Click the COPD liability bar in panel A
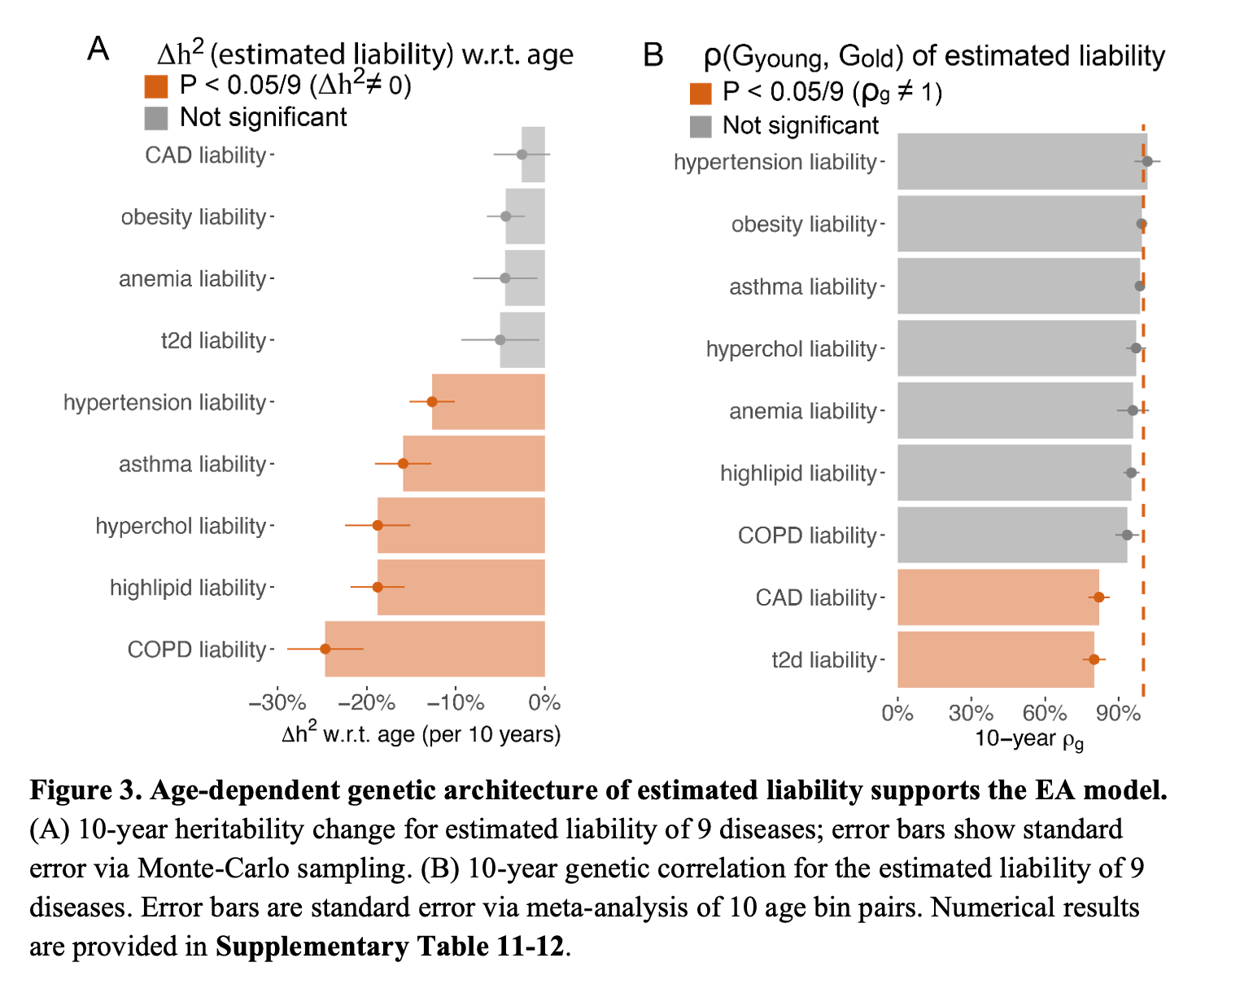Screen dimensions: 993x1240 tap(434, 649)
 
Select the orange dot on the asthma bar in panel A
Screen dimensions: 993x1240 tap(403, 463)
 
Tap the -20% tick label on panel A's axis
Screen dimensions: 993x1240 tap(367, 702)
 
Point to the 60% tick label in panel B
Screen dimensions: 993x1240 tap(1045, 713)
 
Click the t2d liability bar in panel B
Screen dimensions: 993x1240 tap(995, 659)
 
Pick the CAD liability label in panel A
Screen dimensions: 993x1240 tap(205, 155)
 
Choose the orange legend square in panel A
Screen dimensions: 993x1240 tap(156, 86)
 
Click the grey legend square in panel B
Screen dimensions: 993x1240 tap(701, 126)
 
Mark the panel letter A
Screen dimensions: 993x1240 tap(98, 50)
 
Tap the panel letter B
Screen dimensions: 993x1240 tap(653, 55)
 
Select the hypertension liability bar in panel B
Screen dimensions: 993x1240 tap(1022, 161)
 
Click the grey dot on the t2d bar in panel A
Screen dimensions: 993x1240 tap(500, 339)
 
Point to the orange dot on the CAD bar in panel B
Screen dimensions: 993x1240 tap(1098, 597)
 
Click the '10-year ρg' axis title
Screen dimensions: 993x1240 tap(1028, 739)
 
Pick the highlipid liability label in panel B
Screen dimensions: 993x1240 tap(797, 473)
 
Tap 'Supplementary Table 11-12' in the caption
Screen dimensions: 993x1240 tap(390, 947)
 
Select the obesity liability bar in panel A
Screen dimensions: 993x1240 tap(525, 217)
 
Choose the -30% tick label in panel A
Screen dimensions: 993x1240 tap(277, 702)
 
